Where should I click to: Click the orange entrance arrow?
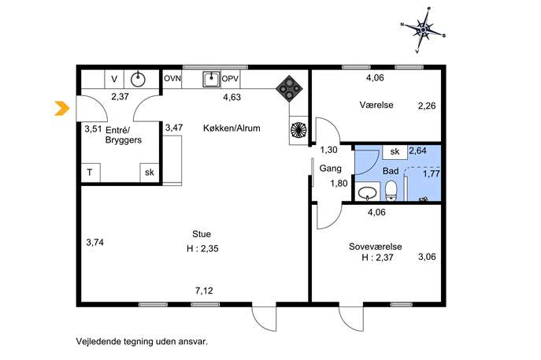pyautogui.click(x=62, y=108)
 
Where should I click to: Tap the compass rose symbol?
pyautogui.click(x=423, y=31)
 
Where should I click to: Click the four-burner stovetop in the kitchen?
pyautogui.click(x=289, y=89)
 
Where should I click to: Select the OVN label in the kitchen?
pyautogui.click(x=172, y=79)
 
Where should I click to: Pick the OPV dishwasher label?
pyautogui.click(x=230, y=79)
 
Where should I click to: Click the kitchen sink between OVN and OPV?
pyautogui.click(x=211, y=80)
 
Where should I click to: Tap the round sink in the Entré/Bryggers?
pyautogui.click(x=138, y=80)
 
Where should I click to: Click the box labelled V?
pyautogui.click(x=114, y=80)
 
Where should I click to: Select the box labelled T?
pyautogui.click(x=91, y=173)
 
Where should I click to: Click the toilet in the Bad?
pyautogui.click(x=391, y=191)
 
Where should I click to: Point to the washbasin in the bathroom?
pyautogui.click(x=367, y=192)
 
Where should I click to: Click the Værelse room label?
pyautogui.click(x=376, y=105)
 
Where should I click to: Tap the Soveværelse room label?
pyautogui.click(x=376, y=247)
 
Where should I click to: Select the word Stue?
pyautogui.click(x=202, y=234)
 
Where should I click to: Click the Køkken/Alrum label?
pyautogui.click(x=232, y=128)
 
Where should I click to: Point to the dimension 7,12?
pyautogui.click(x=204, y=291)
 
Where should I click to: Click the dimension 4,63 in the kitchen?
pyautogui.click(x=232, y=98)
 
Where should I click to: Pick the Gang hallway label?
pyautogui.click(x=330, y=169)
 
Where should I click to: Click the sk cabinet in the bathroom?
pyautogui.click(x=395, y=151)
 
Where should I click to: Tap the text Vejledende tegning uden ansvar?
pyautogui.click(x=142, y=342)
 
